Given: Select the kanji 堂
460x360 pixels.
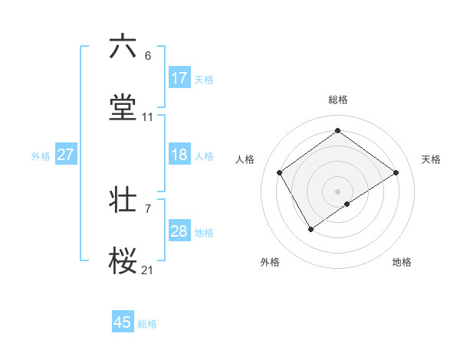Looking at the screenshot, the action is [x=123, y=108].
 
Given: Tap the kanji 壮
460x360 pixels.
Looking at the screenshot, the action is [x=123, y=201].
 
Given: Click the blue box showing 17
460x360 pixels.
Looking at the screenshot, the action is [x=179, y=78].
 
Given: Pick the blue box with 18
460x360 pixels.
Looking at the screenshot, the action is [x=179, y=155].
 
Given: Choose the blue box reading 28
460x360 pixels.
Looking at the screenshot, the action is [x=179, y=231].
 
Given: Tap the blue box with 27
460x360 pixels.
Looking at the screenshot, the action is [x=65, y=155].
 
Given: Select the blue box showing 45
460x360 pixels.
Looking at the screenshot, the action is [x=123, y=322].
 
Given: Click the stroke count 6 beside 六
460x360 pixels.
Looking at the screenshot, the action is [x=148, y=56].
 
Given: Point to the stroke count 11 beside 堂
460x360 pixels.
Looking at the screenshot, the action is [x=148, y=118].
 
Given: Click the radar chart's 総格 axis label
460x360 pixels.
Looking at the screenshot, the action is [x=337, y=100].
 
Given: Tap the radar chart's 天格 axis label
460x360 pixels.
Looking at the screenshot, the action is [x=431, y=159].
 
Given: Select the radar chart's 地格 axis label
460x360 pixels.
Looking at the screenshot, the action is [x=402, y=262].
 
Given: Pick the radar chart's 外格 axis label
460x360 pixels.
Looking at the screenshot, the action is [x=270, y=262].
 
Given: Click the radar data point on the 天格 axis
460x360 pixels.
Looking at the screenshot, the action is [x=396, y=172].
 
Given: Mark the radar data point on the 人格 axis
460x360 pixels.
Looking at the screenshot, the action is [x=280, y=172].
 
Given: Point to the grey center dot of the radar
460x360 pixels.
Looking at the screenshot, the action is [x=337, y=191].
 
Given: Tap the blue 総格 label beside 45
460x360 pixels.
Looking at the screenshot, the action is [x=147, y=324].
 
